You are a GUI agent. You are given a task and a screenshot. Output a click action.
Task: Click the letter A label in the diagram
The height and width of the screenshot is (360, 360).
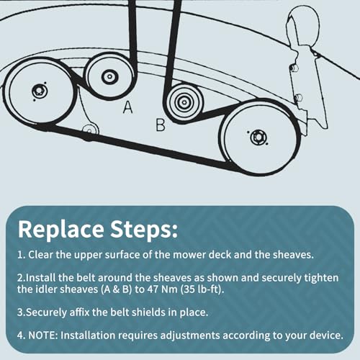point(127,107)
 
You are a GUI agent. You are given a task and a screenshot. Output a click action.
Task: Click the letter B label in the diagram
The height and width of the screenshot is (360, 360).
point(161,125)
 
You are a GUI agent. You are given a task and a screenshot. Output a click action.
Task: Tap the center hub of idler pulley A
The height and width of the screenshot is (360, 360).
point(109,77)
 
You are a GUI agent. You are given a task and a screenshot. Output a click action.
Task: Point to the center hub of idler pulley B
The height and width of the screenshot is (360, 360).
point(184,102)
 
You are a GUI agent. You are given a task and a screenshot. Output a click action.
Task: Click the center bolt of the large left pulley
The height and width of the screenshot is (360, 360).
point(39,91)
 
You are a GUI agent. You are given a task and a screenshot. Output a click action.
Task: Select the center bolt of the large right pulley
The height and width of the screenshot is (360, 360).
point(258,138)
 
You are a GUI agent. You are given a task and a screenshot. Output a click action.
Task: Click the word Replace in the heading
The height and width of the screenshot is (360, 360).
point(61,229)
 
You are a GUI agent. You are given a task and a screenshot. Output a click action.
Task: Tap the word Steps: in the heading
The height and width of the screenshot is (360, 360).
point(144,229)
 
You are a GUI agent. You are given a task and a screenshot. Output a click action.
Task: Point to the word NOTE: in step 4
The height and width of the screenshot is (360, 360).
point(43,335)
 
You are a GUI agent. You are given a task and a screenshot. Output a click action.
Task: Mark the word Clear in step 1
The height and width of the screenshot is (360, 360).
point(40,254)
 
